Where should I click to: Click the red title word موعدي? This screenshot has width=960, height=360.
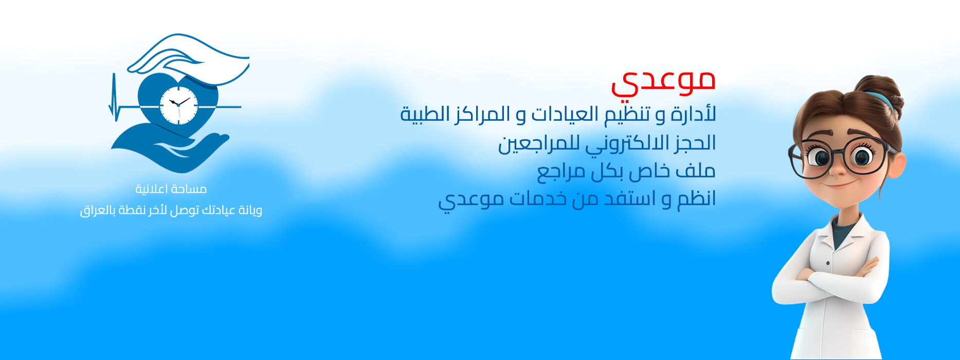663,82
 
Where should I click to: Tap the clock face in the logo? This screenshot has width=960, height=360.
178,105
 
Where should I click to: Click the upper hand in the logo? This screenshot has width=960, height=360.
188,59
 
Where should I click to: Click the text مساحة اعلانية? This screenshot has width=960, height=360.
171,189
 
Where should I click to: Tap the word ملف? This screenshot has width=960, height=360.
697,171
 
